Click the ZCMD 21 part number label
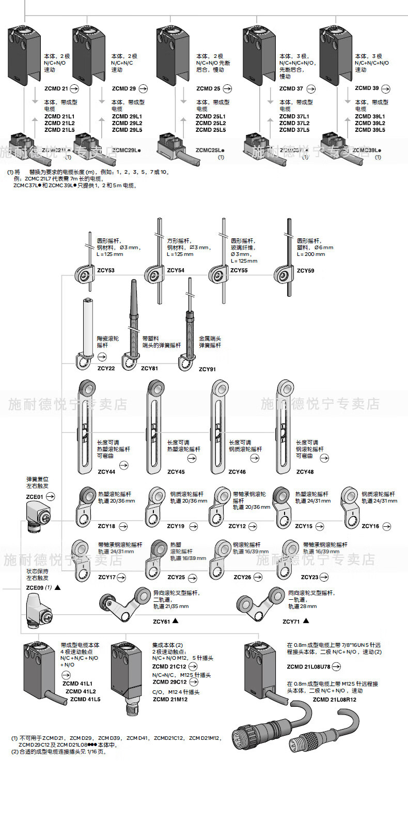coord(56,88)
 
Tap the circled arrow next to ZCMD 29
coord(143,88)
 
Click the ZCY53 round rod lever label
coord(106,270)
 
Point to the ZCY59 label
coord(305,270)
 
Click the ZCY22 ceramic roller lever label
coord(106,368)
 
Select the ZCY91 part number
coord(207,369)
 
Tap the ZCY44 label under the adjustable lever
coord(106,472)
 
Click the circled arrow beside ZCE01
coord(51,497)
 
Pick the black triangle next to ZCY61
coord(176,621)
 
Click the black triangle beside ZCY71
coord(306,621)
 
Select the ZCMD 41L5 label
coord(85,699)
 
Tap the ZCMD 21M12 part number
coord(170,699)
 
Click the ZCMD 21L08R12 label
coord(334,700)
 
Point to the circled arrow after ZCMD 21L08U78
coord(336,666)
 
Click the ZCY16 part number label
coord(370,526)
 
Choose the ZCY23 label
coord(309,577)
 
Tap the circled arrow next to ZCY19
coord(193,526)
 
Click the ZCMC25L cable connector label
coord(210,150)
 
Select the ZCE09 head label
coord(35,588)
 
